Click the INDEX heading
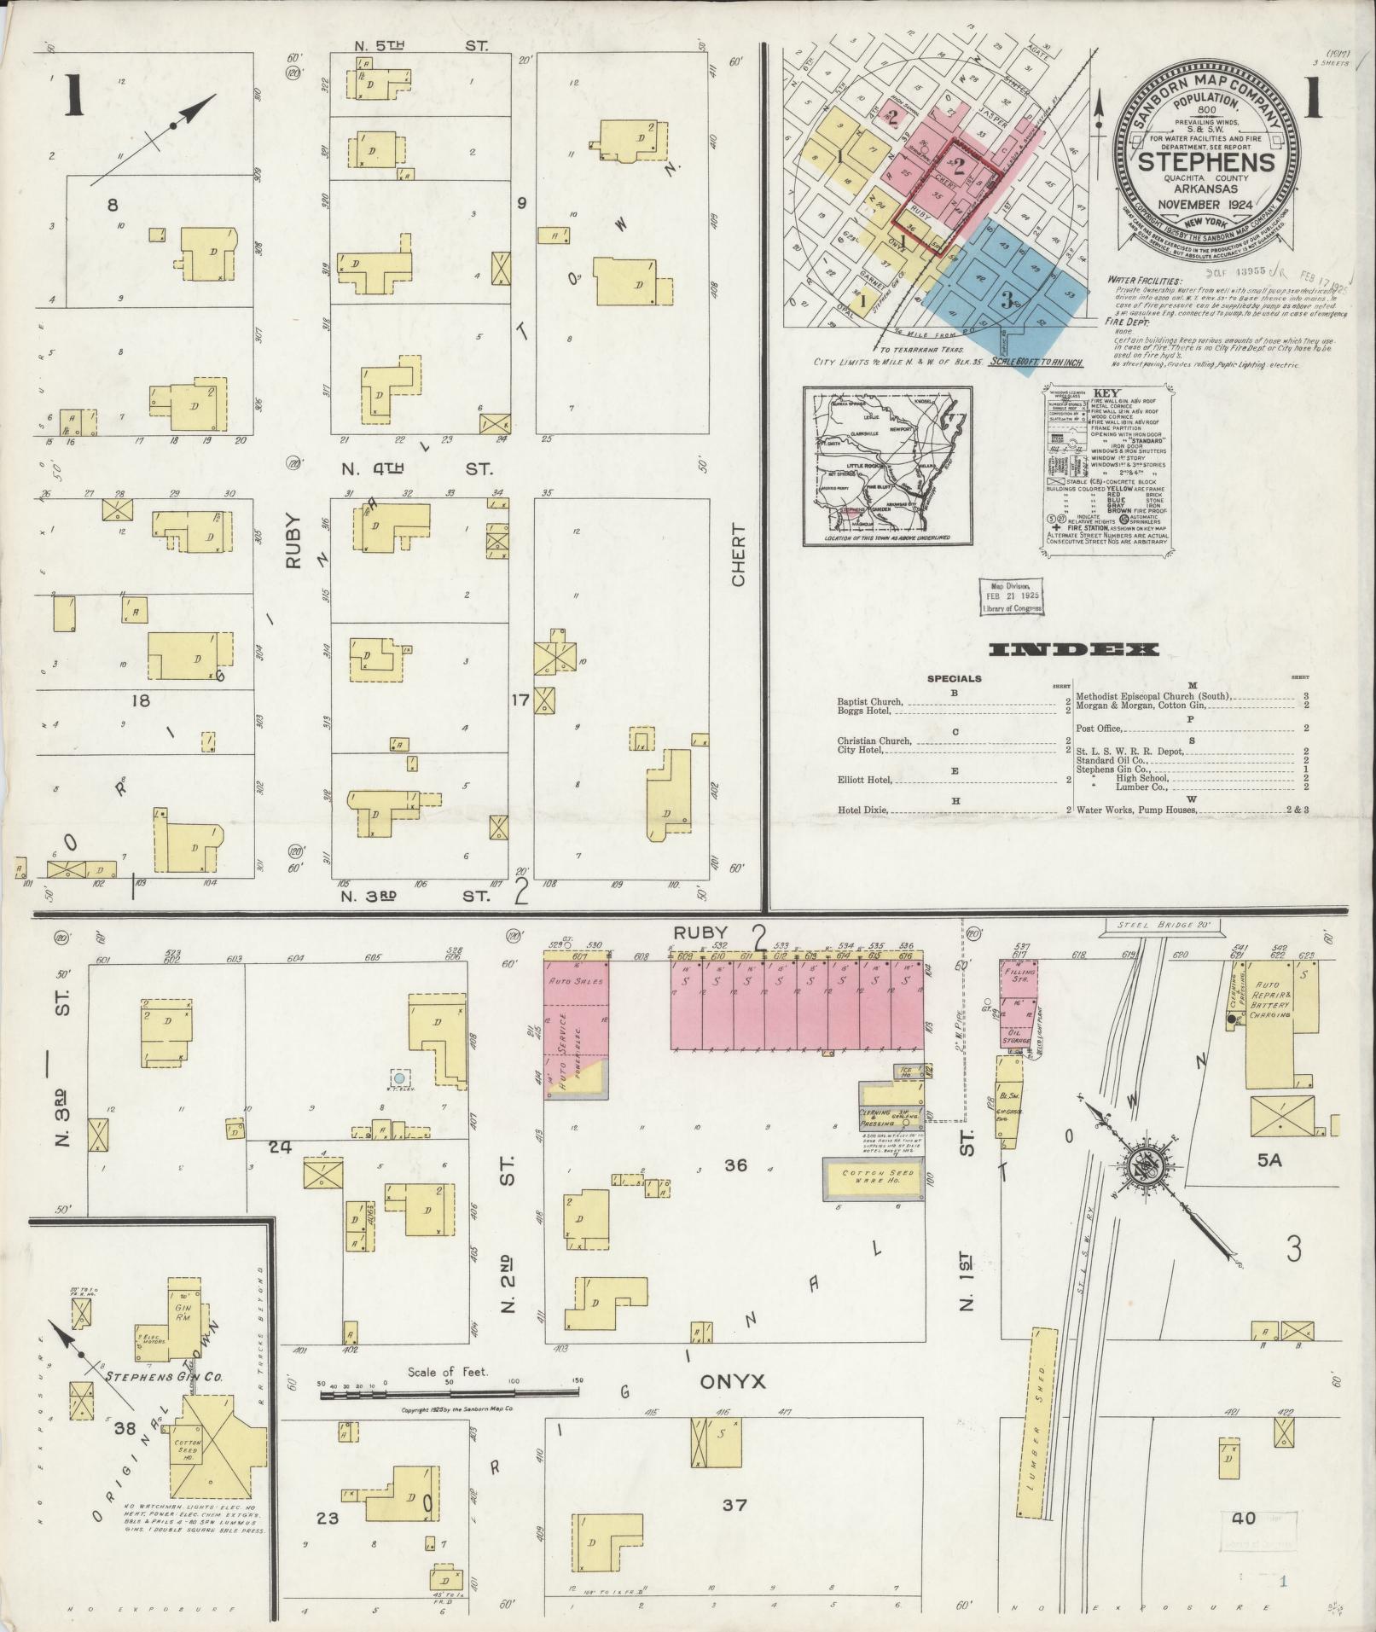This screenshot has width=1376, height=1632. pos(1073,650)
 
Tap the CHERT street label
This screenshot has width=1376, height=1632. pos(738,555)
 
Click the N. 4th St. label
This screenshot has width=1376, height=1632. pos(417,468)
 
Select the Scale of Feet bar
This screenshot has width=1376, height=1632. pos(450,1395)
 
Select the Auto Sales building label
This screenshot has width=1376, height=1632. pos(576,982)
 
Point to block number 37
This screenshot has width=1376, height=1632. pos(734,1530)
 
